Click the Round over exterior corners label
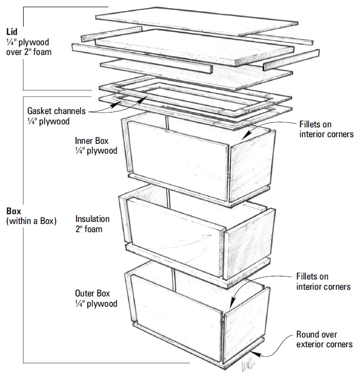[324, 339]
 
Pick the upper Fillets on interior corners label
[326, 129]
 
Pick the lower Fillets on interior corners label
[323, 281]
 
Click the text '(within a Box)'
[31, 221]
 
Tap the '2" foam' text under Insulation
[89, 229]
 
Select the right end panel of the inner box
[252, 163]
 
